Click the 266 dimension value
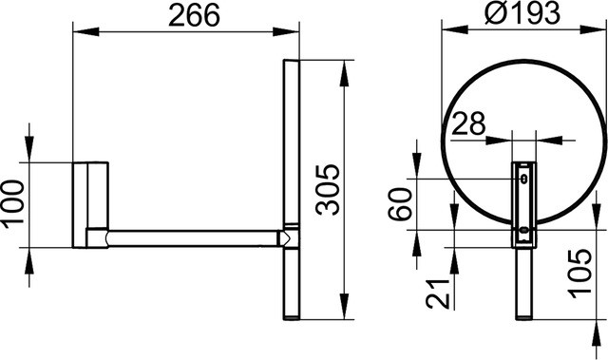[194, 16]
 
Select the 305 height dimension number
[328, 189]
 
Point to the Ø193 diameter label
[522, 13]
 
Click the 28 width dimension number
[468, 123]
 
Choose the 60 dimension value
[400, 204]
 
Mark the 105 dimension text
[580, 274]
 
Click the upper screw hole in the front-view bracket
[523, 179]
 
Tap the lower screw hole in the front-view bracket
[523, 230]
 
